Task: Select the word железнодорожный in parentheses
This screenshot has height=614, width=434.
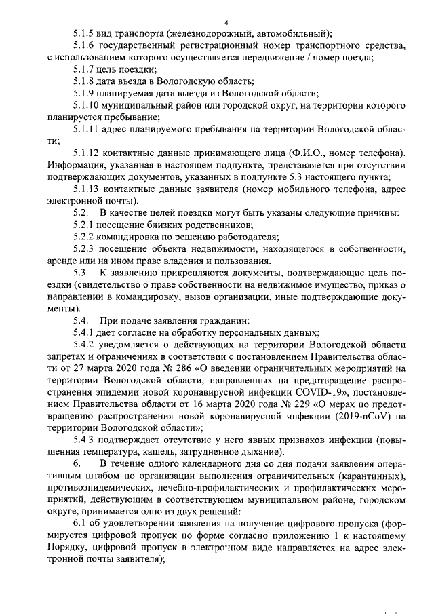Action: coord(220,34)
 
